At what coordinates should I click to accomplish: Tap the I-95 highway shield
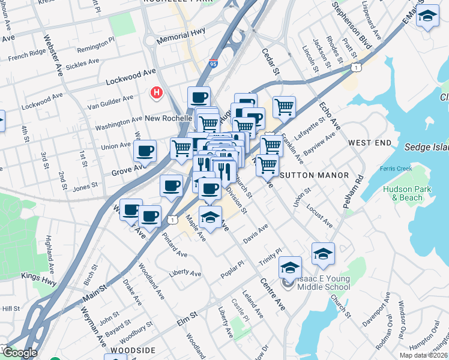[x=214, y=62]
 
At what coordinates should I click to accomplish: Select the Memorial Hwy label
[x=181, y=37]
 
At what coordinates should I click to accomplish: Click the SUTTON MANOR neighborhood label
[x=315, y=175]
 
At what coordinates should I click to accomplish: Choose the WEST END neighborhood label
[x=370, y=143]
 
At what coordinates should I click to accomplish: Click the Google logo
[x=19, y=353]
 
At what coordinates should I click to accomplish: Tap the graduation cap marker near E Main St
[x=427, y=18]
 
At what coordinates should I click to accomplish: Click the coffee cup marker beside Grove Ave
[x=145, y=152]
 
